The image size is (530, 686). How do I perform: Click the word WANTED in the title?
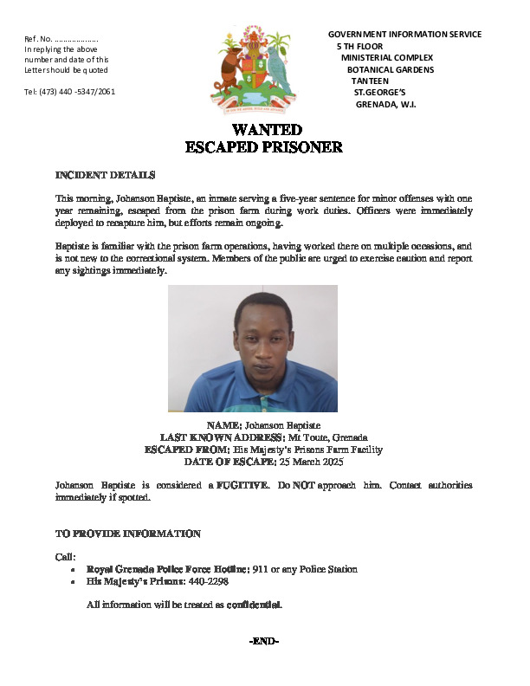click(x=265, y=130)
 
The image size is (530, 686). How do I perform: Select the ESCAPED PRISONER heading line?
click(x=265, y=147)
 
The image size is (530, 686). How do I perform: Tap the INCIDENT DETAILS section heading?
click(x=105, y=174)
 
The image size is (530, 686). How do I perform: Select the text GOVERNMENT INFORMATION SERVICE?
click(x=404, y=34)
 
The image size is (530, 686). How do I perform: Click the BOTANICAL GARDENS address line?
click(x=391, y=69)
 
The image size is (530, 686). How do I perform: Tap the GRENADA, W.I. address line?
click(x=387, y=104)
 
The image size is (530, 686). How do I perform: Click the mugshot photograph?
click(x=252, y=348)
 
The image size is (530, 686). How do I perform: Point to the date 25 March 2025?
click(x=312, y=463)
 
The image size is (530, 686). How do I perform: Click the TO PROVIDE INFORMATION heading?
click(x=127, y=534)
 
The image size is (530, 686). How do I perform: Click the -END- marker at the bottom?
click(x=263, y=641)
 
